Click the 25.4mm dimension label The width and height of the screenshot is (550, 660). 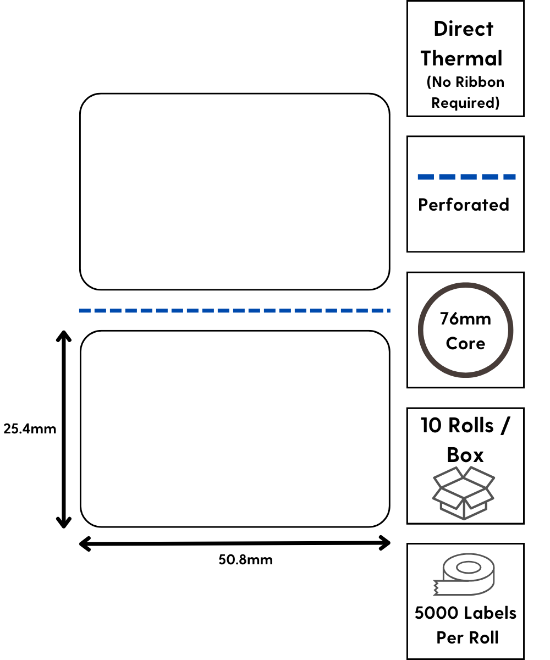[30, 428]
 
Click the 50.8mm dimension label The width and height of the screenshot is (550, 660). [245, 560]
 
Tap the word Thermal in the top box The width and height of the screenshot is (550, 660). [462, 58]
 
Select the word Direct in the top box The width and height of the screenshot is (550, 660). [464, 29]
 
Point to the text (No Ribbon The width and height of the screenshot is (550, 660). [465, 82]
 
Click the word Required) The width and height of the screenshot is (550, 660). [465, 103]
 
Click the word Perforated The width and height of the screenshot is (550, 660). [464, 205]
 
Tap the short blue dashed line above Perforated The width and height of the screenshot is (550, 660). [466, 177]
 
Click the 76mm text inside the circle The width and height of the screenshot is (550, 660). [465, 318]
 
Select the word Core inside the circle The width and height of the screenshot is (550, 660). [465, 343]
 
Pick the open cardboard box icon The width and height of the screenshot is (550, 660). [464, 493]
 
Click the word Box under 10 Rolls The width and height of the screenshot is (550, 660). [465, 455]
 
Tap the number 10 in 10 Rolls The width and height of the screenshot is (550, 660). [432, 425]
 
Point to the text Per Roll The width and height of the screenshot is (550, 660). [468, 637]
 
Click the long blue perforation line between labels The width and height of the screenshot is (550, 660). [234, 311]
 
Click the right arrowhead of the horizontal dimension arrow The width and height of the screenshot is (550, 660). [386, 544]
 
